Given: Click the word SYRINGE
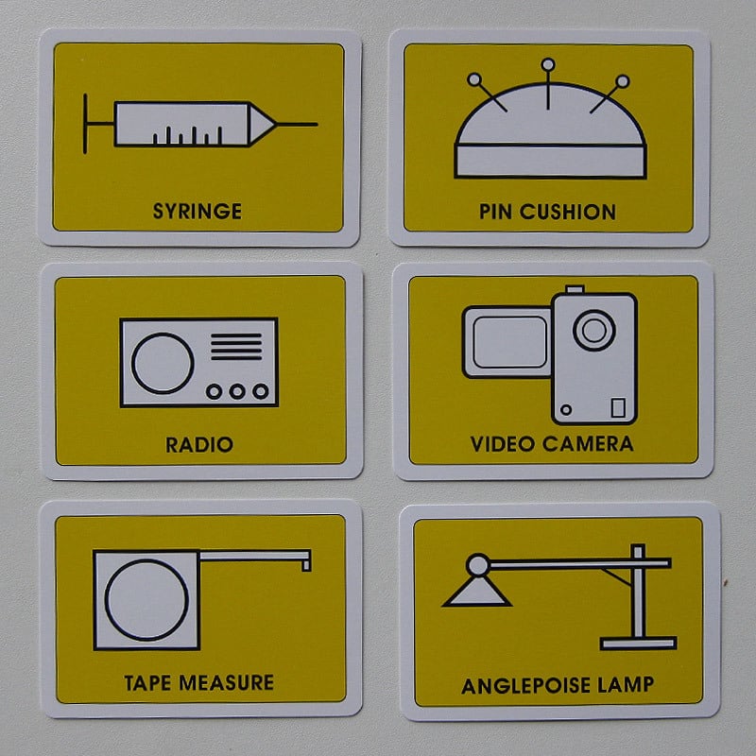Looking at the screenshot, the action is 198,211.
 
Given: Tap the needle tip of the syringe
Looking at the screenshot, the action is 317,125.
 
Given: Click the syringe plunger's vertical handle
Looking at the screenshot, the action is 85,124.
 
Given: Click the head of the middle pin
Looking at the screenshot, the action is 548,64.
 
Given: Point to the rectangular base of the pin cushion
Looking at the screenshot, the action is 550,162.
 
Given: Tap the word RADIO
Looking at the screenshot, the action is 199,444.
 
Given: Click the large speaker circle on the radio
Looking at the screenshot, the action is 163,364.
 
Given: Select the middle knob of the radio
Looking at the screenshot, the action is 237,391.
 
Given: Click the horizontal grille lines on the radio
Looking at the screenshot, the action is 236,346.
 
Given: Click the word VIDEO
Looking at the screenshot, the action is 503,444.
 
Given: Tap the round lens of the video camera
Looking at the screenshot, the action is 594,330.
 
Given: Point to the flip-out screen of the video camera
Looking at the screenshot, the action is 507,342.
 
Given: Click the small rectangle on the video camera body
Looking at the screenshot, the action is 618,407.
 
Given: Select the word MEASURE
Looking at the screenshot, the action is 226,682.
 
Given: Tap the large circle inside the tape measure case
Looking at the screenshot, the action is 146,600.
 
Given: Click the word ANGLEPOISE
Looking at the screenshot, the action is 525,686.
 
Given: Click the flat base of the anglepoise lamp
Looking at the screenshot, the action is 639,644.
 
